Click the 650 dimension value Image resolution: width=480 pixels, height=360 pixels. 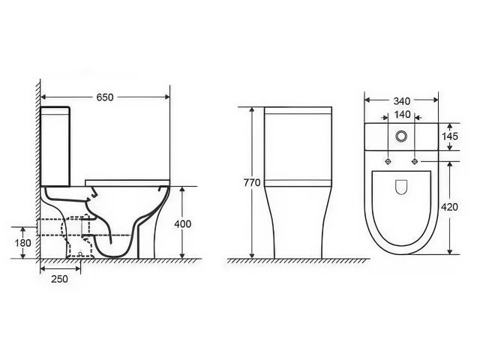point(106,97)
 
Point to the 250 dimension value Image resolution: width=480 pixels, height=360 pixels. point(60,279)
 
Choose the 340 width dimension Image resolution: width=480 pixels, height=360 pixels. point(401,99)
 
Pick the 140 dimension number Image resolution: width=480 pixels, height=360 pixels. point(402,115)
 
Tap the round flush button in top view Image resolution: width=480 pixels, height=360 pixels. point(401,136)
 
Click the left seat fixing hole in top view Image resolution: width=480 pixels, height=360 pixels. point(388,160)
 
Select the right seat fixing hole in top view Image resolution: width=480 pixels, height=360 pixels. point(414,160)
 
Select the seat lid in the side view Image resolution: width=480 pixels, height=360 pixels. point(127,181)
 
